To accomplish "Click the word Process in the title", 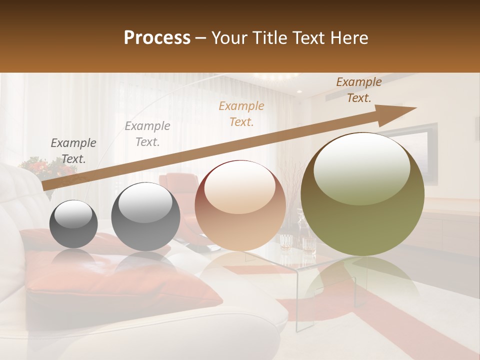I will click(157, 38).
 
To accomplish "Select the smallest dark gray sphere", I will click(74, 224).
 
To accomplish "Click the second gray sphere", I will click(145, 217).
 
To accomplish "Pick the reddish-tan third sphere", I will click(240, 205).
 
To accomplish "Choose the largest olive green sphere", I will click(362, 194).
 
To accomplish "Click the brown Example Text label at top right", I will click(358, 90).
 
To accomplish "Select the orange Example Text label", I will click(241, 113).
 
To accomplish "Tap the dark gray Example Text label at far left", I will click(73, 150).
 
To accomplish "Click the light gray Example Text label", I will click(147, 133).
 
